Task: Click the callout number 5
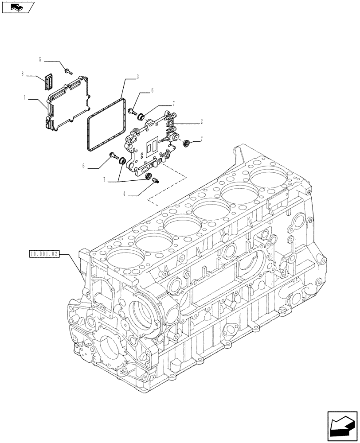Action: click(40, 59)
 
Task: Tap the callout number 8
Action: click(22, 74)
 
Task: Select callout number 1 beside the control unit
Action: click(25, 96)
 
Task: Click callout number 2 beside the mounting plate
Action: click(202, 120)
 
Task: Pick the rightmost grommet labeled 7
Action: click(187, 143)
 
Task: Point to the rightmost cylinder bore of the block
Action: click(269, 177)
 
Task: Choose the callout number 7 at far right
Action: click(202, 139)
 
